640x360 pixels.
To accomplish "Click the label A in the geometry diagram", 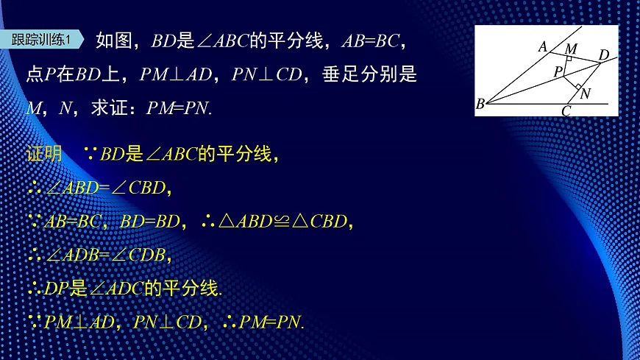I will point(543,47).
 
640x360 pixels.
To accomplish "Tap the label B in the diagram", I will point(480,104).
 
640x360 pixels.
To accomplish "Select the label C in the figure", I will point(566,111).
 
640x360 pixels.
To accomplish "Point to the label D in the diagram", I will point(603,54).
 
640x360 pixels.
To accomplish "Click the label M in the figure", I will point(571,49).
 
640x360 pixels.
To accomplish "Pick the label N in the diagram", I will point(585,93).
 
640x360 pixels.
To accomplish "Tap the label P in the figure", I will point(558,71).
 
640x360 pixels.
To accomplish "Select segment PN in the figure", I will point(572,79).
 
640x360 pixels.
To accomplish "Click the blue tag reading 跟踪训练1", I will point(43,40).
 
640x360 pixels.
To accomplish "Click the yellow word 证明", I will point(44,155).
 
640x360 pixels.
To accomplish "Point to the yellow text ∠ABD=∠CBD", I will point(109,188).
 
